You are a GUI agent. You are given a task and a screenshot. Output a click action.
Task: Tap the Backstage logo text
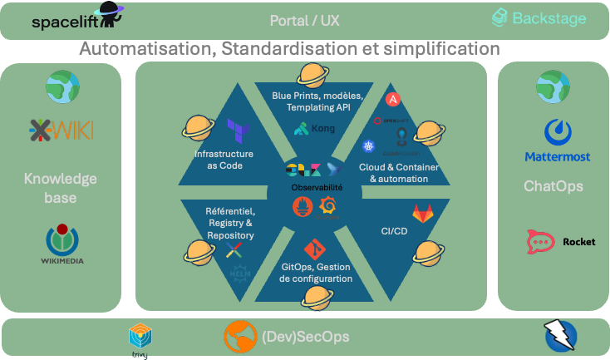click(548, 18)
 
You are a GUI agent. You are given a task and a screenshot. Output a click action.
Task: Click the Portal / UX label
click(305, 20)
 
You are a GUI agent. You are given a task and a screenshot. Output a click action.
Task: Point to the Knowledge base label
click(61, 188)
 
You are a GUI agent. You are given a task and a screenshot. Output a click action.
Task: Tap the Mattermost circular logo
click(557, 131)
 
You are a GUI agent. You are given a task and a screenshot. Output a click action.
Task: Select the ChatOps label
click(553, 186)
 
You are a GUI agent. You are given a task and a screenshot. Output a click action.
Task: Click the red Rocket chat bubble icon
click(540, 242)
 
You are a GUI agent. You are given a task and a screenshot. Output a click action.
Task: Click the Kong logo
click(312, 129)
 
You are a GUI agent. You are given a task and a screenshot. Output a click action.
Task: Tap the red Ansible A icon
click(394, 101)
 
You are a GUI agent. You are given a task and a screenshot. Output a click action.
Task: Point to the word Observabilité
click(316, 188)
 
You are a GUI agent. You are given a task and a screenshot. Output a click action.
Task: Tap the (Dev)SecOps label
click(305, 337)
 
